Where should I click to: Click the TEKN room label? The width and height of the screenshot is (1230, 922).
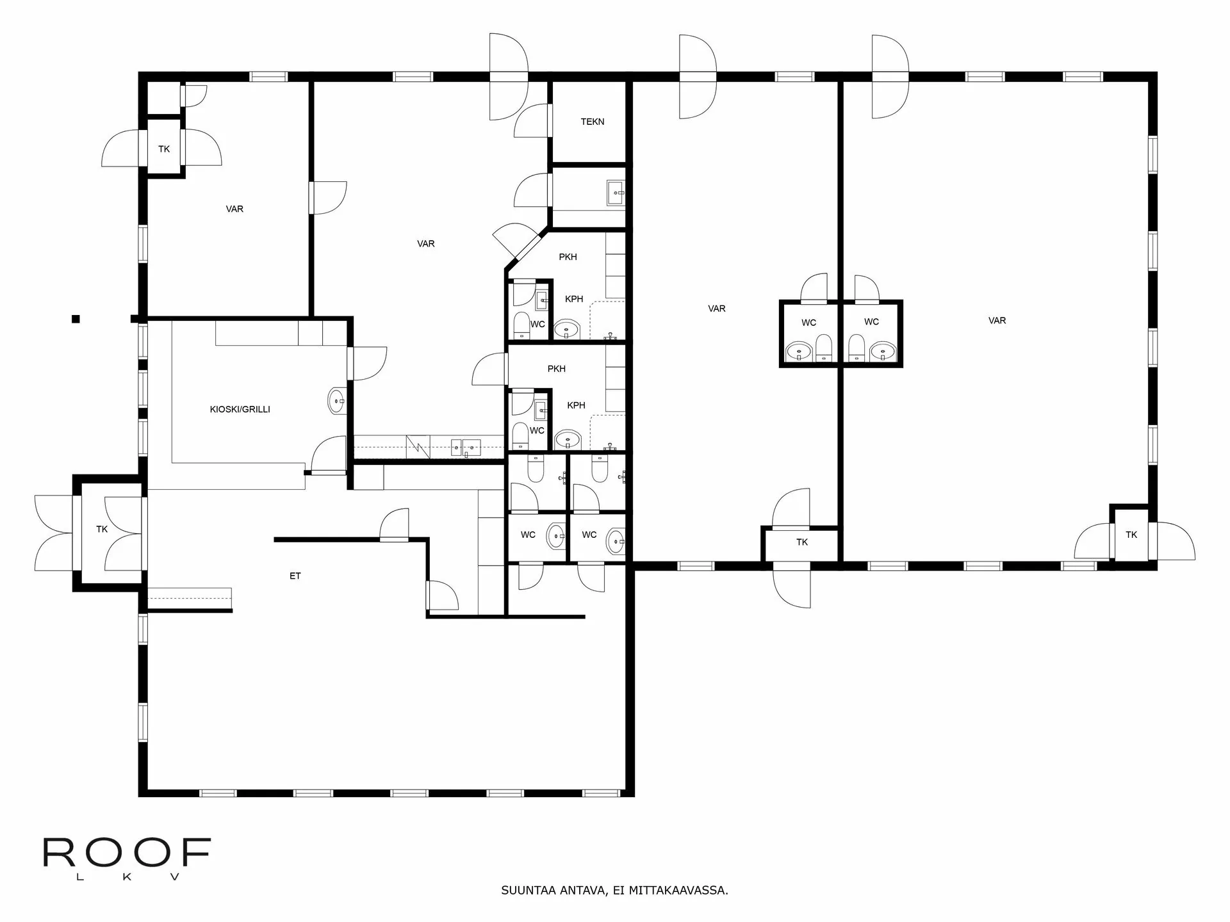[592, 122]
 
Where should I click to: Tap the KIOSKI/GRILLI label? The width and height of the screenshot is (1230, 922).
[240, 409]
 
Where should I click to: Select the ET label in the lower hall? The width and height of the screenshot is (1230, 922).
[295, 576]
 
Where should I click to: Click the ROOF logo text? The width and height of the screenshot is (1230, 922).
[127, 853]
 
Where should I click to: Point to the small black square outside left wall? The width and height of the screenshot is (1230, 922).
[76, 319]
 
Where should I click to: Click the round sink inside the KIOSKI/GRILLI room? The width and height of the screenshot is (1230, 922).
[336, 401]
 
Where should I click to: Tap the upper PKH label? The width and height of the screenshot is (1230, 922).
[568, 257]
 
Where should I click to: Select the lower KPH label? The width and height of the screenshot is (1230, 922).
[576, 405]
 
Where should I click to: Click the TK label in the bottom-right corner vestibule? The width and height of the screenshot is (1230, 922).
[1131, 535]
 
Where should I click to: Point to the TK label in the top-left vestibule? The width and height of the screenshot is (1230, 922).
[164, 149]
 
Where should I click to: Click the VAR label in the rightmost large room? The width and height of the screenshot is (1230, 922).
[997, 320]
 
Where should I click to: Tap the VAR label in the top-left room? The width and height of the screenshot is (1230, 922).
[234, 209]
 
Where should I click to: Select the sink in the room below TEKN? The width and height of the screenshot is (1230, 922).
[616, 192]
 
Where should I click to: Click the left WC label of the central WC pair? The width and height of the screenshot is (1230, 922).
[808, 322]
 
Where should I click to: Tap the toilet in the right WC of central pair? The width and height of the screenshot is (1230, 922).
[857, 348]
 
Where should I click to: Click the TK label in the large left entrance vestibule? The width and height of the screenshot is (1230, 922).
[102, 529]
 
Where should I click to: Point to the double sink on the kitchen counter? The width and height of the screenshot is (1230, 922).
[466, 446]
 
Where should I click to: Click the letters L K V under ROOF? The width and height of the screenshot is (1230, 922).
[127, 877]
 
